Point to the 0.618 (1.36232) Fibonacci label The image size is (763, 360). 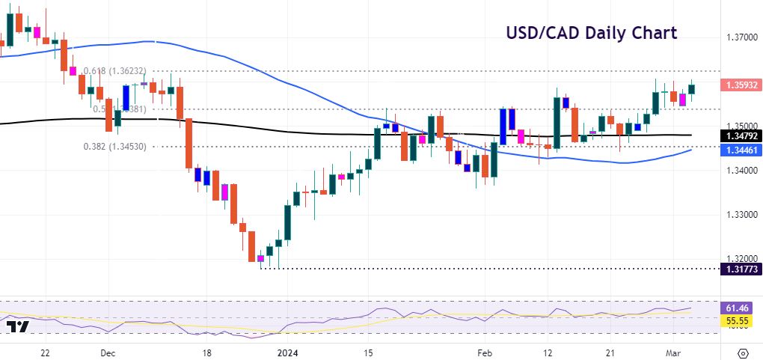click(x=120, y=70)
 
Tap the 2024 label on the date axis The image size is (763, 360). click(x=288, y=353)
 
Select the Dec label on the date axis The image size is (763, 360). click(x=107, y=353)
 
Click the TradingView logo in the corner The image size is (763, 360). click(x=17, y=327)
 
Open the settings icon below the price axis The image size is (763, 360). click(x=743, y=353)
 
